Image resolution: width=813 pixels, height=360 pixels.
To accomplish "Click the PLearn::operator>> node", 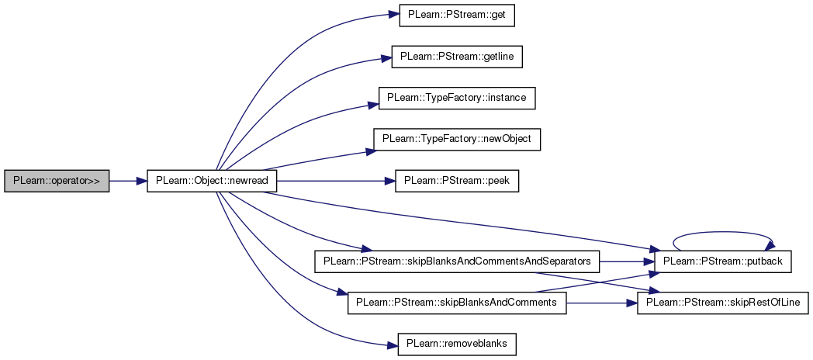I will coord(57,182).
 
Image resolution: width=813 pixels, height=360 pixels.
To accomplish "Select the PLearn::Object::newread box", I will coord(211,182).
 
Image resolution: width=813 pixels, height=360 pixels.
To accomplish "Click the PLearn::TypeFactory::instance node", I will coord(457,99).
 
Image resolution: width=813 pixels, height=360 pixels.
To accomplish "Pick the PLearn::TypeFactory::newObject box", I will coord(457,140).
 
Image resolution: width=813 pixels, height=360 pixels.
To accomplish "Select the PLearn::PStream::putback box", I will coord(723,261).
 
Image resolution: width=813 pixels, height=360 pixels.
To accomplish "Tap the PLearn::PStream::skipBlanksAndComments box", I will coord(456,302).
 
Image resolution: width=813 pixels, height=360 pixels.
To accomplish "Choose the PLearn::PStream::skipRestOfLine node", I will coord(723,302).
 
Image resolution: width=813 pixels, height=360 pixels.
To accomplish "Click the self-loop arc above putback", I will coord(723,232).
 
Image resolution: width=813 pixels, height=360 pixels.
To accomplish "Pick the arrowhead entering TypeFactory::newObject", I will coord(369,151).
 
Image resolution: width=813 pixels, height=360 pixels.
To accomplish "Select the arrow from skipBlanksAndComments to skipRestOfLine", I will coord(601,302).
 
